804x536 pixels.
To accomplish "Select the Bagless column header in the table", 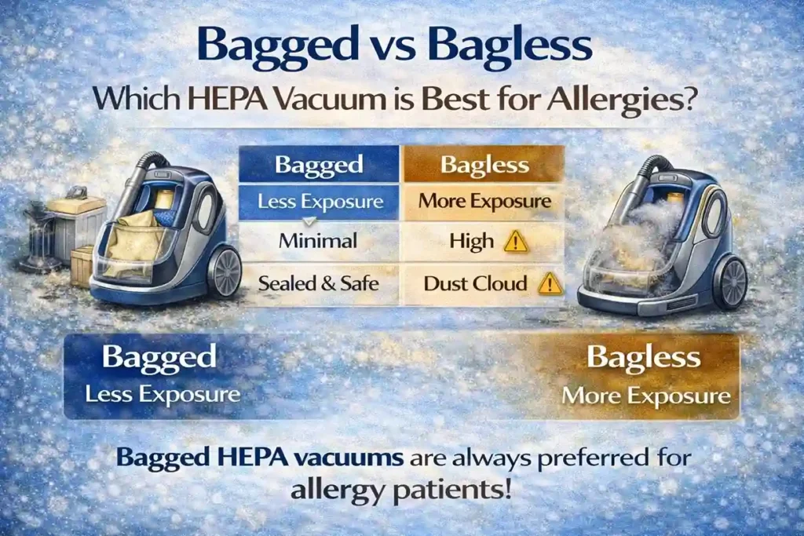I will click(484, 165).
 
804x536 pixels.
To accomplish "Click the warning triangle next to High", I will click(516, 241).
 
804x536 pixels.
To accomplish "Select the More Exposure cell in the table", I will click(484, 201).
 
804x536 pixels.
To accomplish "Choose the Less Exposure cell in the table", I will click(320, 202).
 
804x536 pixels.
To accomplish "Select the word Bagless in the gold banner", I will click(644, 359).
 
